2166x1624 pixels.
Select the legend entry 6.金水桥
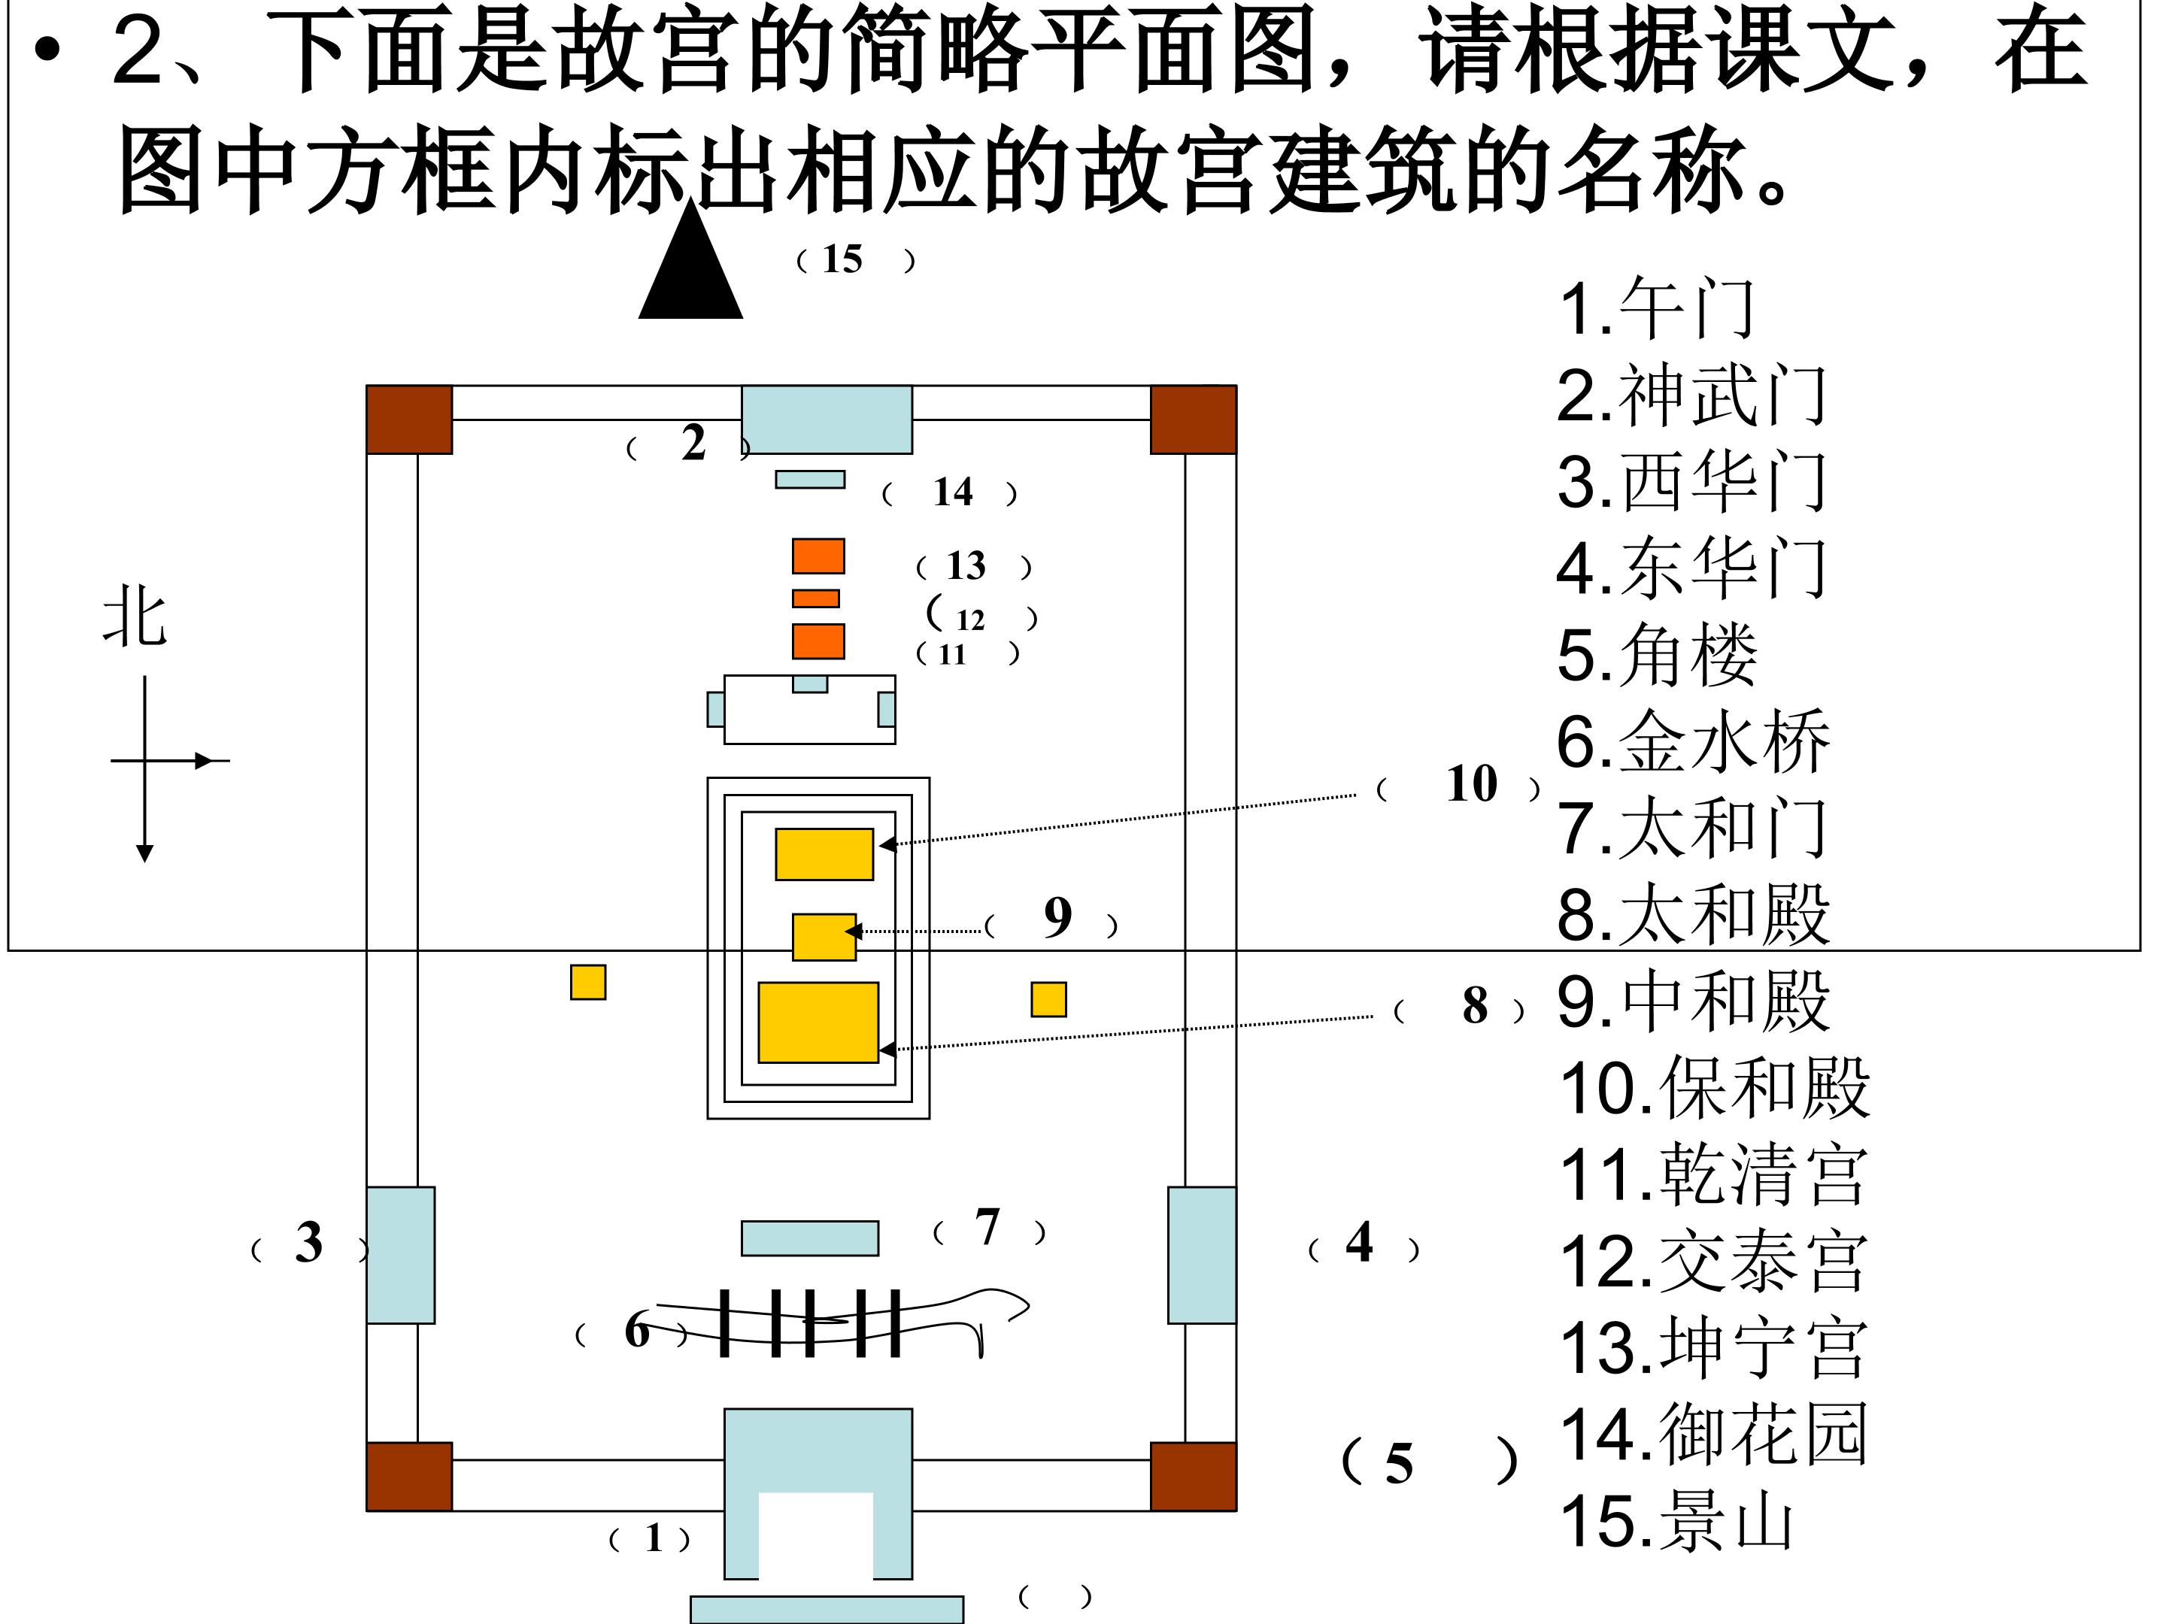(1693, 742)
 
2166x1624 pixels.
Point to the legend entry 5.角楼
(1657, 655)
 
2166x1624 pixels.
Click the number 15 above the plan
(842, 259)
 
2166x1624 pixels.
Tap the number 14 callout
(953, 492)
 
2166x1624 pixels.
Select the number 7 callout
(987, 1228)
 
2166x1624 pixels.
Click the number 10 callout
(1471, 784)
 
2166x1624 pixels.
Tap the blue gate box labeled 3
(401, 1255)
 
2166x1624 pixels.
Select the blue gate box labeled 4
(1202, 1255)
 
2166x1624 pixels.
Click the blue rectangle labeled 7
(810, 1238)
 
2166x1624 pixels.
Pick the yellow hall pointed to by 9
(824, 937)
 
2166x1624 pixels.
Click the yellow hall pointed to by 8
(818, 1022)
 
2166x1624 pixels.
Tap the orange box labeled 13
(818, 556)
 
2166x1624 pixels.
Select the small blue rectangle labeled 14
(810, 480)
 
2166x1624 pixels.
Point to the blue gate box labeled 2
(827, 419)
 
